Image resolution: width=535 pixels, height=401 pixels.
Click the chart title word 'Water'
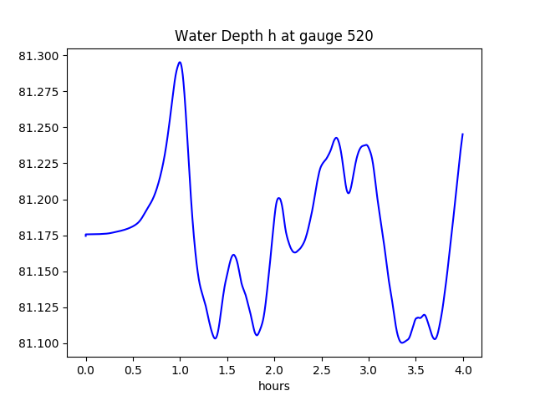(193, 37)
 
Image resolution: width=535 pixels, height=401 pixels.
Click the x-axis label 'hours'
(274, 386)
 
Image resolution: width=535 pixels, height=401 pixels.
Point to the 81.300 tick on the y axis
(39, 56)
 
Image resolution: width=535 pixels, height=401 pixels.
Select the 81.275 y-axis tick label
(39, 92)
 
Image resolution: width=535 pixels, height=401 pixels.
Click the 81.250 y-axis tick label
(39, 128)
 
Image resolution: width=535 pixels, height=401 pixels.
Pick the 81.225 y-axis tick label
(39, 164)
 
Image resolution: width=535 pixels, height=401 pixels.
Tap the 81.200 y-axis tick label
(39, 200)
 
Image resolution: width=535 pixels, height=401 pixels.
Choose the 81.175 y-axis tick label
(39, 236)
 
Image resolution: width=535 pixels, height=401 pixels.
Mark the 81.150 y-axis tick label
(39, 272)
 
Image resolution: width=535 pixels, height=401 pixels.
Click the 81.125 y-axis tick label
(39, 307)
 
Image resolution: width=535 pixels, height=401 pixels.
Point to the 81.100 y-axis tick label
(39, 343)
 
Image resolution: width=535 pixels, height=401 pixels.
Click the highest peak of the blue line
(180, 62)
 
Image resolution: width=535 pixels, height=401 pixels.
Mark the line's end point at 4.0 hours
(462, 135)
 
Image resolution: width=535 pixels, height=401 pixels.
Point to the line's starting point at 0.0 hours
(86, 235)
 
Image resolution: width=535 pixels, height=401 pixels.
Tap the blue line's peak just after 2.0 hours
(278, 198)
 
